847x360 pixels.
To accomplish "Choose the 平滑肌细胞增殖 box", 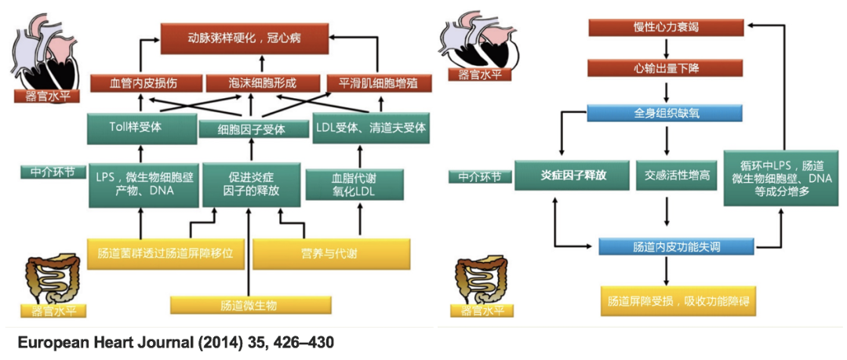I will point(380,83).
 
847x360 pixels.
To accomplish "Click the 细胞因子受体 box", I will point(252,129).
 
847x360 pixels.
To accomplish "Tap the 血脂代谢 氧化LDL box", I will point(357,184).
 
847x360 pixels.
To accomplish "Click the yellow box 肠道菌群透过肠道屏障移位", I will point(166,253).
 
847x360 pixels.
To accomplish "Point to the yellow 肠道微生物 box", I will point(248,304).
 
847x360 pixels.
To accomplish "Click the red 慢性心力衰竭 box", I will point(667,27).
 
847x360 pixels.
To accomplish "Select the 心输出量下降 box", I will point(667,69).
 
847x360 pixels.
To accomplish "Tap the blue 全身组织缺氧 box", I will point(667,113).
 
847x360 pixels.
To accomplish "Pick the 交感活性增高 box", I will point(676,175).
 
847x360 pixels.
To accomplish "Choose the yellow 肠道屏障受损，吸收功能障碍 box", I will point(667,300).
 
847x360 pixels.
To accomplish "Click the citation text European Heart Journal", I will point(176,343).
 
